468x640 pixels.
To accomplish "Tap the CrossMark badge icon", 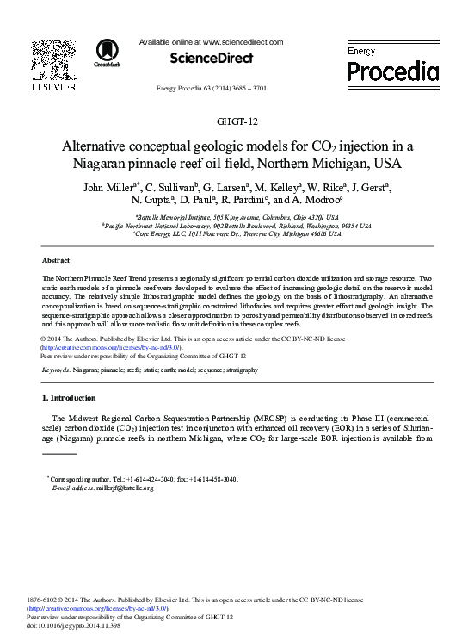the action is tap(108, 52).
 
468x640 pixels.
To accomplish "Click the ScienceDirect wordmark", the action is tap(211, 58).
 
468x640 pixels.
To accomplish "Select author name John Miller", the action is tap(109, 187).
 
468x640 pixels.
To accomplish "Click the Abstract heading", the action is tap(56, 259).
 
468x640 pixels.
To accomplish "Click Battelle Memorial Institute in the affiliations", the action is tap(177, 219).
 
